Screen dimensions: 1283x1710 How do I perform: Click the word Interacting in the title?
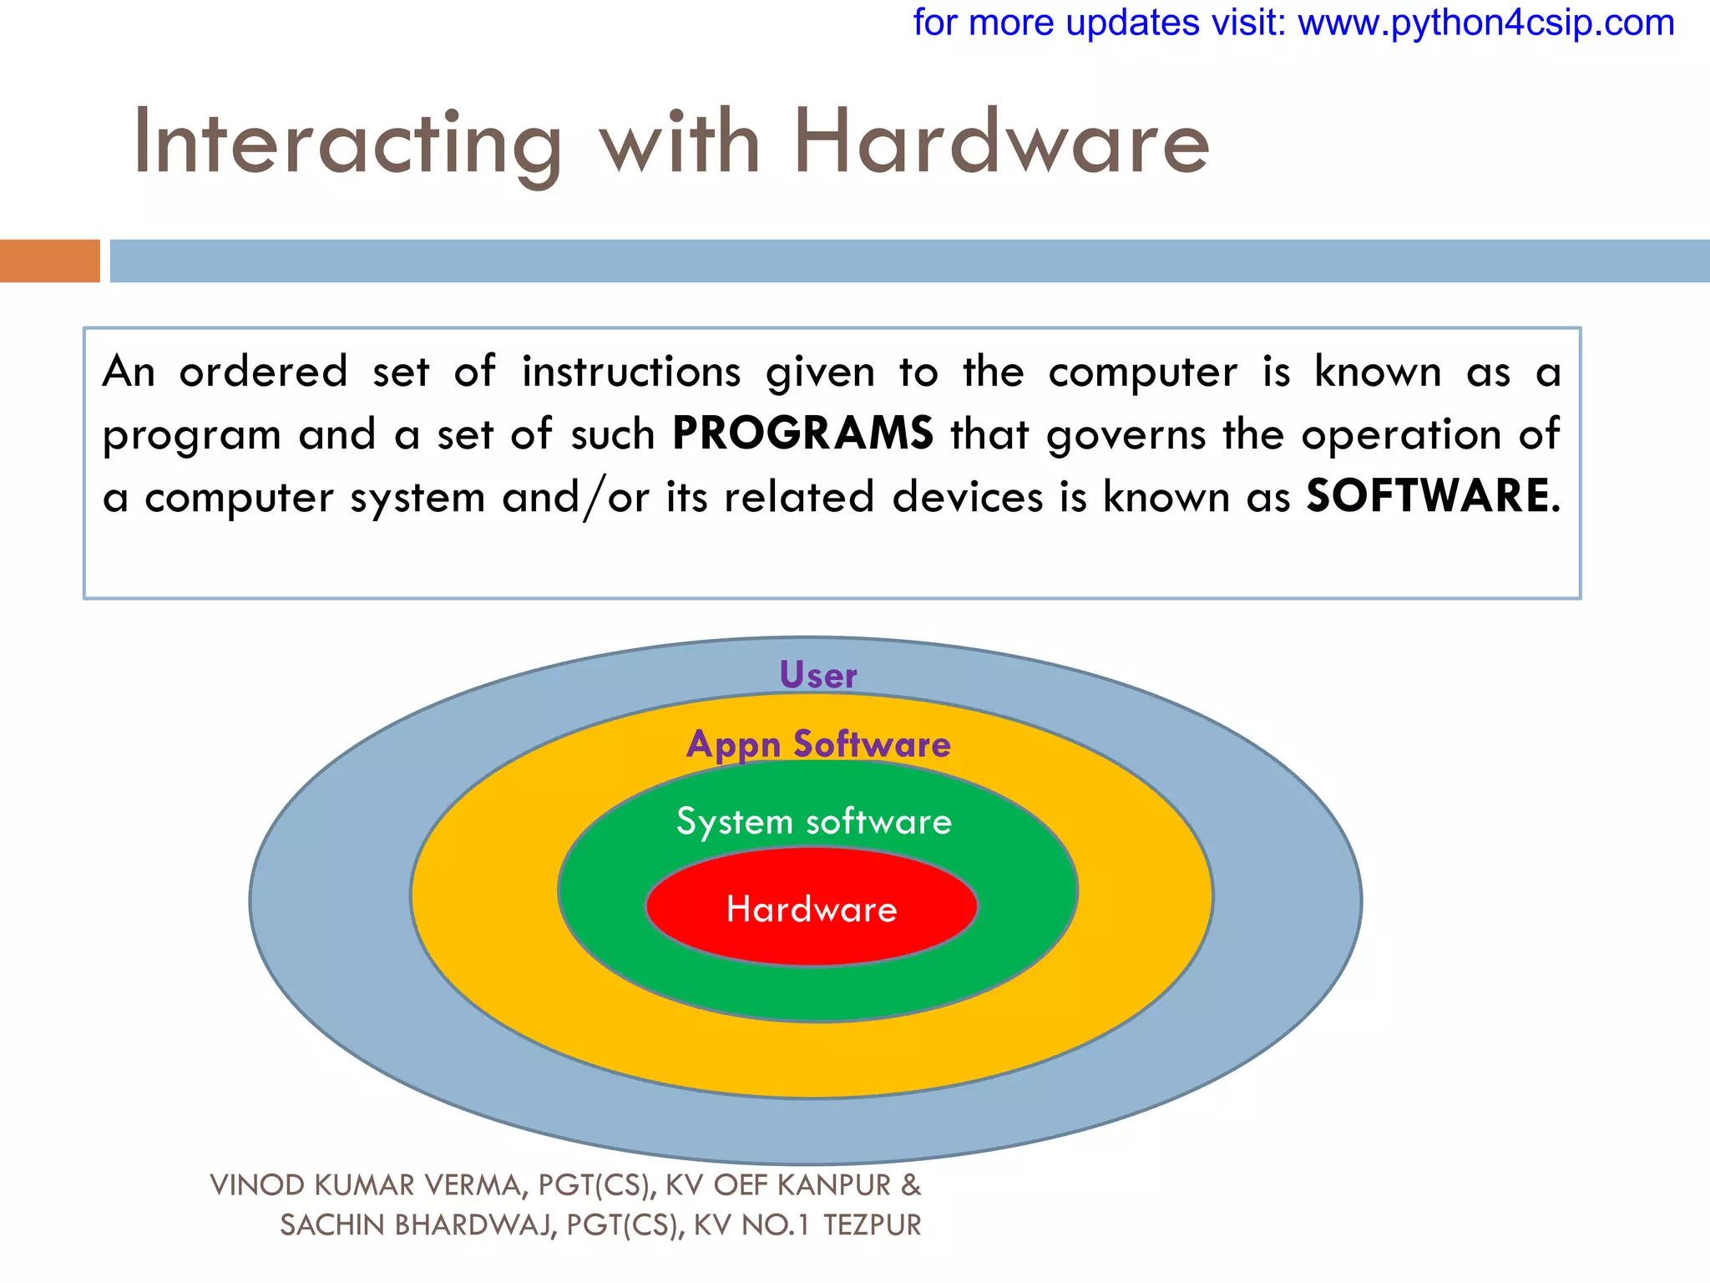coord(347,144)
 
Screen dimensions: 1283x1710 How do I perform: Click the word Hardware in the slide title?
coord(1000,144)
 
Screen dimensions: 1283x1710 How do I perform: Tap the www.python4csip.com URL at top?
coord(1485,23)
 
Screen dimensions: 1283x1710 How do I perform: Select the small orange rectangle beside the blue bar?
coord(49,261)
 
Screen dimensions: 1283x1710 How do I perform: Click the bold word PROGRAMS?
coord(802,434)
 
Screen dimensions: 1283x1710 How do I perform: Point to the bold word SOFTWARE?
coord(1428,496)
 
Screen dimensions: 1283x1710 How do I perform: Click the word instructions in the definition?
coord(631,372)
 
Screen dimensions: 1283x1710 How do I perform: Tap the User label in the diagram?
coord(817,675)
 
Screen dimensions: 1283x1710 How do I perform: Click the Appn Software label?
coord(818,743)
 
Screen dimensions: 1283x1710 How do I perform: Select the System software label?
coord(814,821)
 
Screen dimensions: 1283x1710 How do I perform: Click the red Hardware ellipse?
coord(812,909)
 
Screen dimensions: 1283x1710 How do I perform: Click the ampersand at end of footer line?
coord(911,1184)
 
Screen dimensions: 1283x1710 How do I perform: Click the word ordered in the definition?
coord(263,372)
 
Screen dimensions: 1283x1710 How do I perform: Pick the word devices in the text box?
coord(968,497)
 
